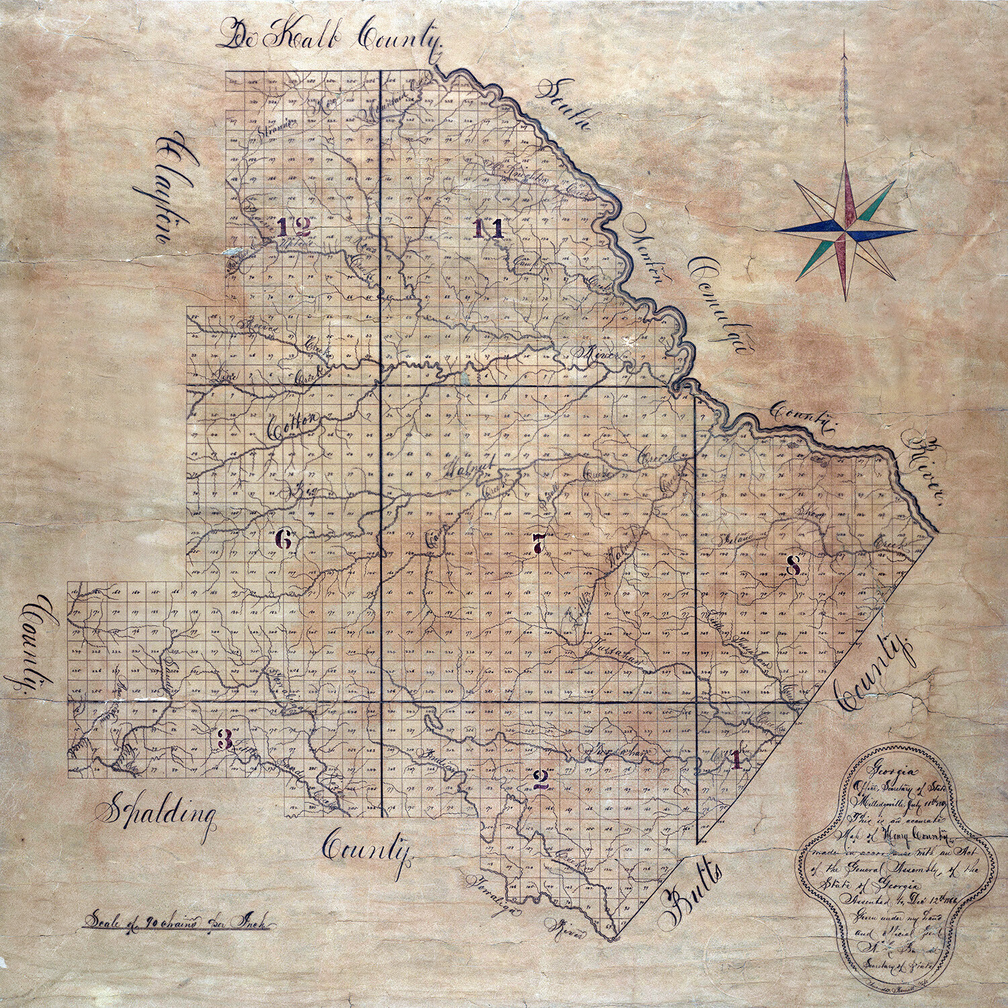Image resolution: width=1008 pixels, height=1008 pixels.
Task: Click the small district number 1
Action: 736,760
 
